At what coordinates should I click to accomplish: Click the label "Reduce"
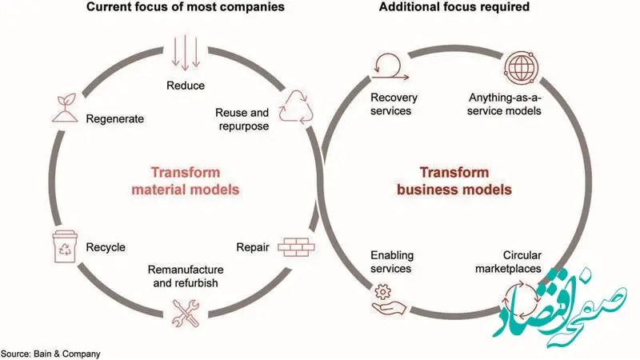pos(186,86)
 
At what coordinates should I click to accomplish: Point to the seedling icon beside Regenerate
pos(65,107)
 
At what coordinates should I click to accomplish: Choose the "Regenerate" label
pos(115,118)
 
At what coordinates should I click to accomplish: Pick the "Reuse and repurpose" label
pos(242,119)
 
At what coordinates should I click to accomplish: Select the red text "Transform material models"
pos(185,181)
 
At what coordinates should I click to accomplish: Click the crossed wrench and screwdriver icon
pos(186,311)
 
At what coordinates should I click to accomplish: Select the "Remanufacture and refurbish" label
pos(186,276)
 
